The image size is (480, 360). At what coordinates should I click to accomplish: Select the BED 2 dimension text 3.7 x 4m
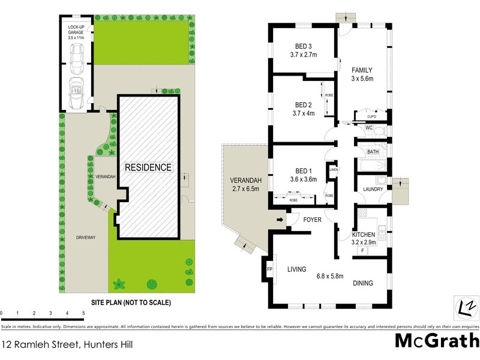tap(305, 113)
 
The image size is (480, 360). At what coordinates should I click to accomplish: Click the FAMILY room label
tap(362, 70)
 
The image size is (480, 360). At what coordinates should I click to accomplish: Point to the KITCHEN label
tap(364, 234)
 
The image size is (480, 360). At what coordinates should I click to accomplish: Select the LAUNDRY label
tap(373, 190)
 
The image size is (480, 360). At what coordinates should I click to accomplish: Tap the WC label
tap(369, 128)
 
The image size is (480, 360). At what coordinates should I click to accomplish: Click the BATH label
tap(373, 152)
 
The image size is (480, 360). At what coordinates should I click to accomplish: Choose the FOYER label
tap(312, 220)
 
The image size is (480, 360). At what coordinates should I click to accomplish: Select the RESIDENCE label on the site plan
tap(148, 167)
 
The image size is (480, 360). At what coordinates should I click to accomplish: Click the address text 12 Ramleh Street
tap(36, 344)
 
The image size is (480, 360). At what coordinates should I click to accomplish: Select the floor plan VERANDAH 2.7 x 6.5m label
tap(244, 185)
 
